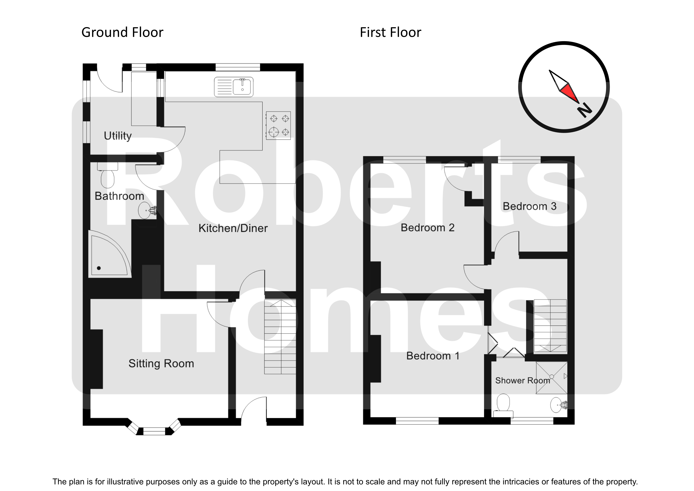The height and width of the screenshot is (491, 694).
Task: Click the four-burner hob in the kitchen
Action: point(278,125)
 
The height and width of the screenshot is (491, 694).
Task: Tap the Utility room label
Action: point(118,136)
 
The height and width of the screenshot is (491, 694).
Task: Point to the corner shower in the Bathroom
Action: point(109,256)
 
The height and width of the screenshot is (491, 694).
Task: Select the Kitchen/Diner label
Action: point(233,228)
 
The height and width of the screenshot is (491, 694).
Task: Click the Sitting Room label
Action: point(161,363)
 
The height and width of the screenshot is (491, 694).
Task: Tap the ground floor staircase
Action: point(280,337)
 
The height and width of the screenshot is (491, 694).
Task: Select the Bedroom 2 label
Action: point(427,228)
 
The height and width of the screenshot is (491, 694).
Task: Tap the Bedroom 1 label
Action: point(433,356)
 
